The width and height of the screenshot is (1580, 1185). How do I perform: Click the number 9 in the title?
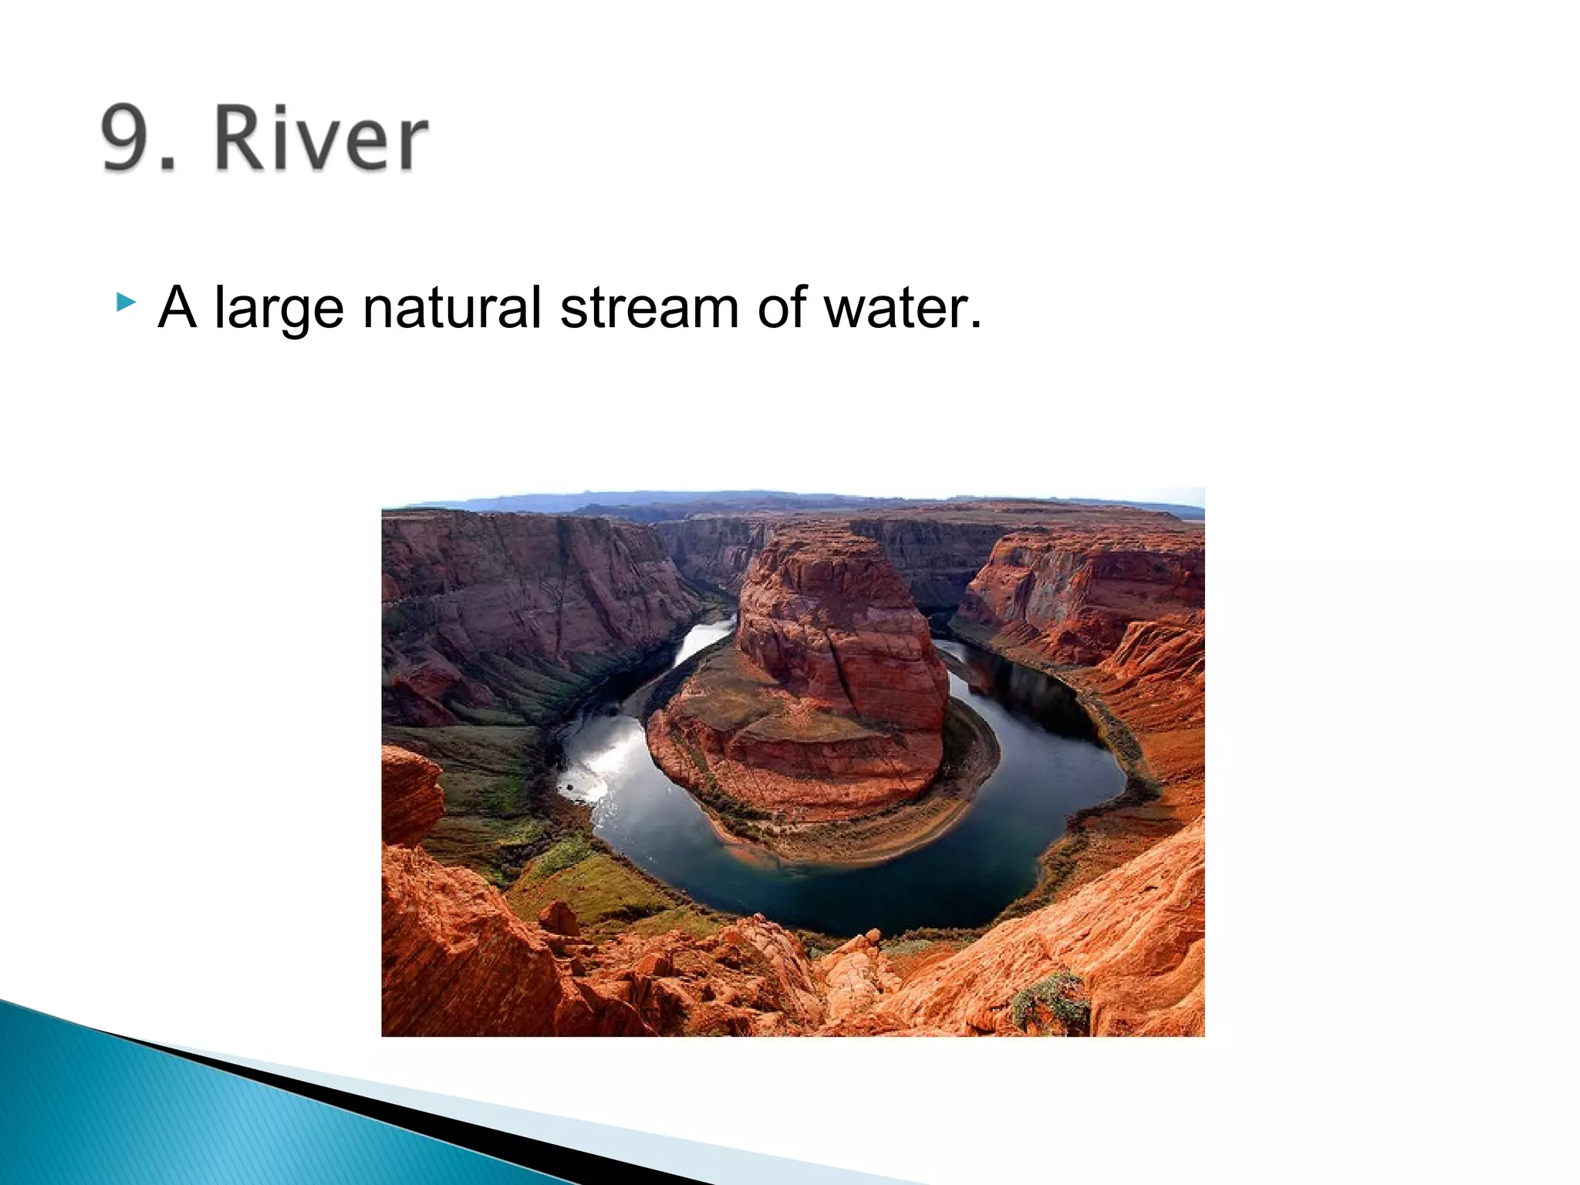(130, 139)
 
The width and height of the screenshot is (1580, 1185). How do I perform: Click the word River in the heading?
(320, 139)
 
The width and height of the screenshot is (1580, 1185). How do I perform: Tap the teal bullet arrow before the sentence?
(125, 302)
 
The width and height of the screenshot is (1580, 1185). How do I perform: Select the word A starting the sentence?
(177, 308)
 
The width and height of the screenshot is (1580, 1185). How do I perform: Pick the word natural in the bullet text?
(451, 308)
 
